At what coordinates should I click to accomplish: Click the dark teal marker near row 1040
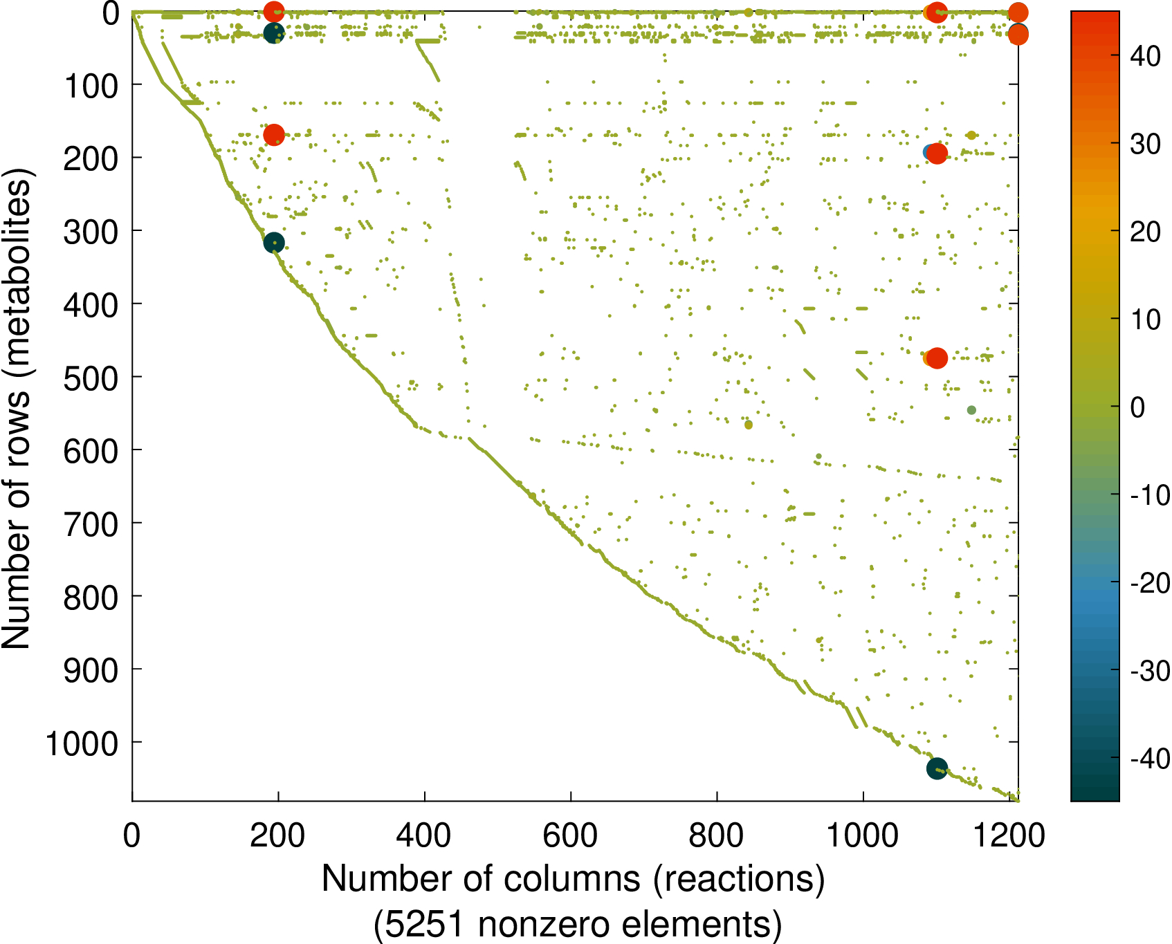pos(937,768)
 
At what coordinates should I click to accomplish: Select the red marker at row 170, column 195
pos(274,134)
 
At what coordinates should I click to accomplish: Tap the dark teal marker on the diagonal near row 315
pos(274,243)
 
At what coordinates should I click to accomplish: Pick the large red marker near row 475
pos(937,358)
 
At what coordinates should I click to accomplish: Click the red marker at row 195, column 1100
pos(937,154)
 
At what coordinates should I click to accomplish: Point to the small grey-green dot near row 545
pos(971,410)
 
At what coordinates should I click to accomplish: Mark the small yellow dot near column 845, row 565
pos(749,425)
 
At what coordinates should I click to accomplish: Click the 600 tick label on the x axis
pos(570,835)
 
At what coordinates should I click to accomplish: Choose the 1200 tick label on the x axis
pos(1009,835)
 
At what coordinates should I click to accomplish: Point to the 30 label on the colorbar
pos(1145,144)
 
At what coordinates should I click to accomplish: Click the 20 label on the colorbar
pos(1145,232)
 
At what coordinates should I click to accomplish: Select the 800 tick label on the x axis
pos(717,835)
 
